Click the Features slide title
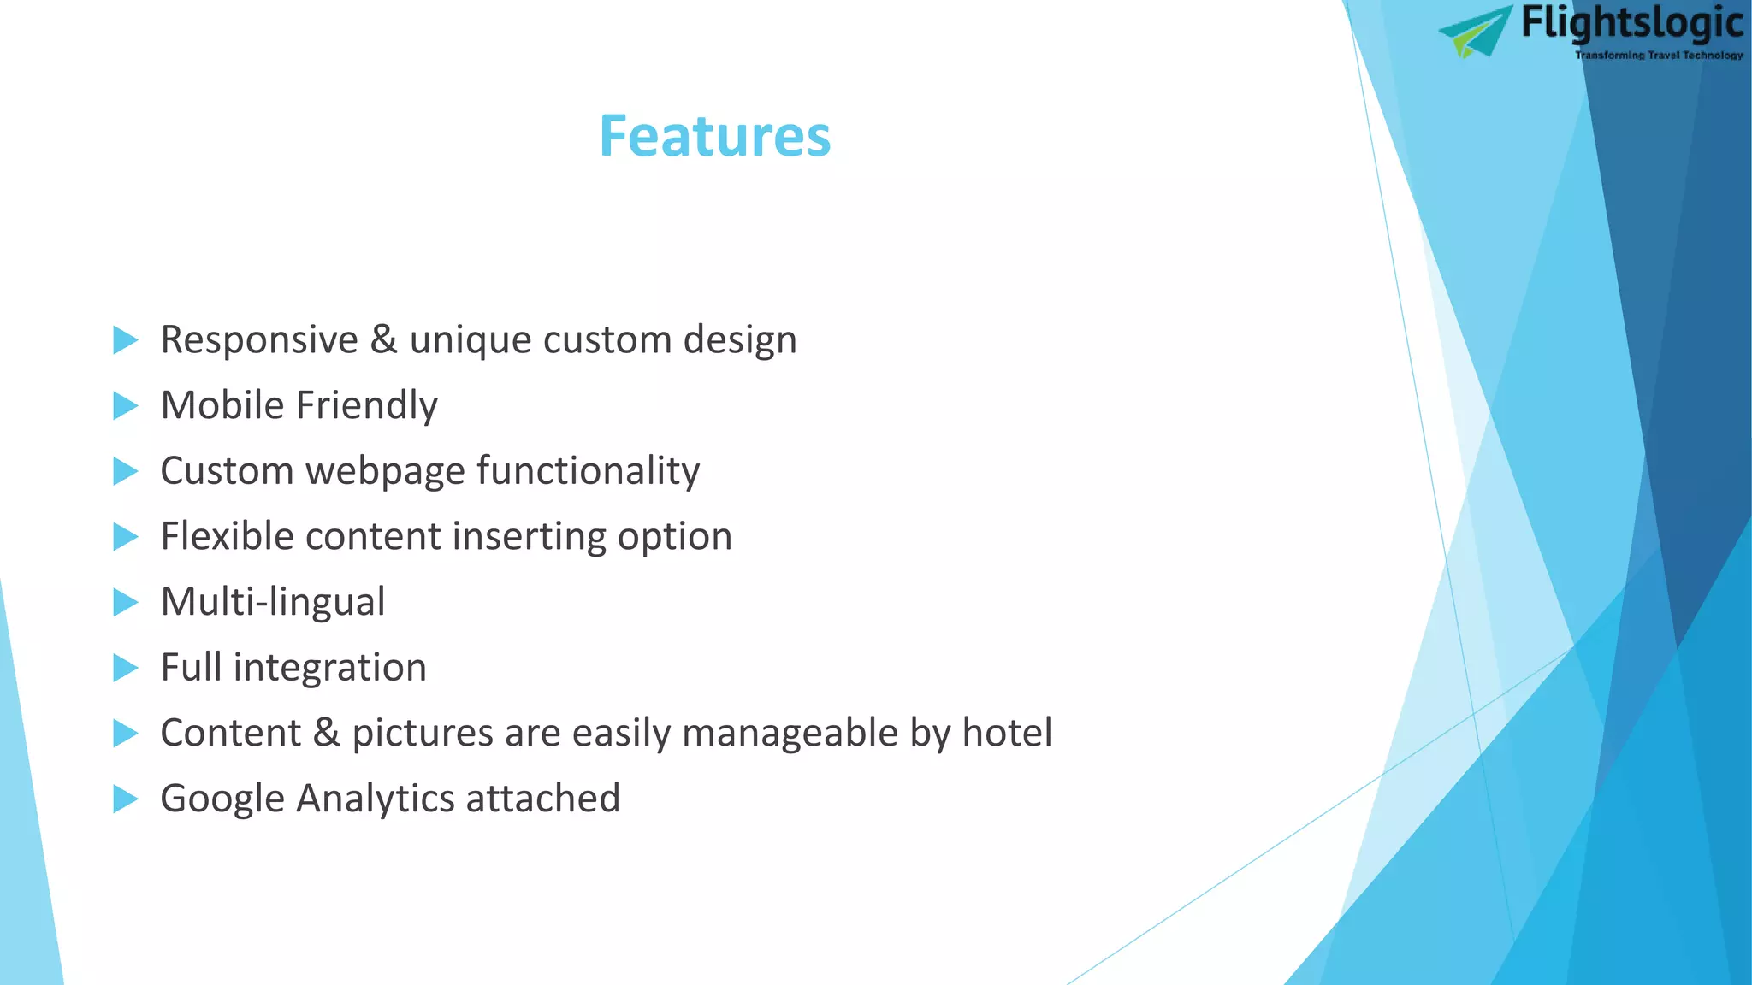pyautogui.click(x=714, y=137)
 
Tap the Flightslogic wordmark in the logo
pyautogui.click(x=1631, y=24)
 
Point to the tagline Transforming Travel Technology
pyautogui.click(x=1658, y=56)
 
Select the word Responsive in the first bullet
pyautogui.click(x=259, y=340)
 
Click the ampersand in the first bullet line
pyautogui.click(x=383, y=339)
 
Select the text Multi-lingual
pyautogui.click(x=273, y=602)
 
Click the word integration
pyautogui.click(x=329, y=668)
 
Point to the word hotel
pyautogui.click(x=1007, y=733)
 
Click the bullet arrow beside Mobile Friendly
pyautogui.click(x=125, y=406)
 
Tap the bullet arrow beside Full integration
pyautogui.click(x=125, y=668)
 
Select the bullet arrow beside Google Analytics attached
pyautogui.click(x=125, y=799)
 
